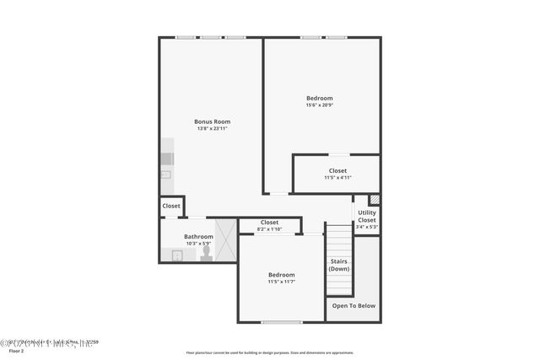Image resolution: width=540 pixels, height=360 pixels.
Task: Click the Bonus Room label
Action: click(x=212, y=121)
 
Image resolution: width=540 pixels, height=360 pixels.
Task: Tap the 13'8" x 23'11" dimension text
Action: click(x=212, y=128)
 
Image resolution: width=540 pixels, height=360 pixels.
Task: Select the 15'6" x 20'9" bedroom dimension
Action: click(x=319, y=105)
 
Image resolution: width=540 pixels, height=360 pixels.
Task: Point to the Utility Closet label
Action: click(x=366, y=216)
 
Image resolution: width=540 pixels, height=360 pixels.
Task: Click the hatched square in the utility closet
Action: click(x=375, y=200)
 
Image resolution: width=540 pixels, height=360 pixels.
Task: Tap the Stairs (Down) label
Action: click(x=338, y=265)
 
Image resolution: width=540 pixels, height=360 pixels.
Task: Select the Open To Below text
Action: click(x=354, y=305)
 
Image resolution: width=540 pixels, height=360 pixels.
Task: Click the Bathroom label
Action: click(x=198, y=237)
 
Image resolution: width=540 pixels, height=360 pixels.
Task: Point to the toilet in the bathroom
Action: click(x=205, y=255)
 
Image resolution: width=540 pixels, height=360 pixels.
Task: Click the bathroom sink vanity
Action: click(x=178, y=255)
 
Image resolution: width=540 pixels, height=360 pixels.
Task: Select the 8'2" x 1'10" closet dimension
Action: click(x=269, y=228)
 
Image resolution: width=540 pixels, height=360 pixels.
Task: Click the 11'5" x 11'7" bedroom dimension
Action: click(x=281, y=282)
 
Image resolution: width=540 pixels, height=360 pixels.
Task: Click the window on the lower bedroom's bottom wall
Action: click(x=281, y=322)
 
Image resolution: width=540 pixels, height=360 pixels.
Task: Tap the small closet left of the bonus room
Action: click(x=171, y=206)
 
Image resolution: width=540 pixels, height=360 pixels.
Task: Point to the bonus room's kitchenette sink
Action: click(x=166, y=175)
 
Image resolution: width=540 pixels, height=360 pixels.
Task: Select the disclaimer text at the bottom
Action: click(x=269, y=353)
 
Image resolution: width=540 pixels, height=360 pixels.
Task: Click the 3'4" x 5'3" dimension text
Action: click(x=366, y=227)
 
